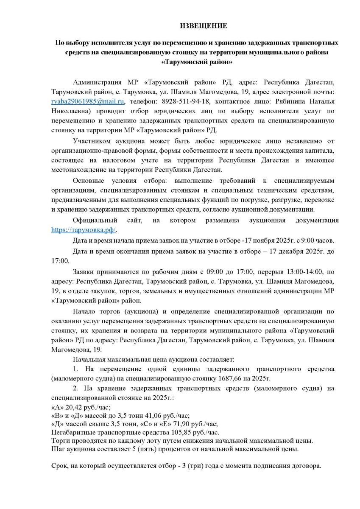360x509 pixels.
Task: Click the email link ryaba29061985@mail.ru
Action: pyautogui.click(x=88, y=102)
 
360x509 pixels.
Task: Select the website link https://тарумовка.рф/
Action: pyautogui.click(x=83, y=229)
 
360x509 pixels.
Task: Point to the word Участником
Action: pyautogui.click(x=91, y=141)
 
